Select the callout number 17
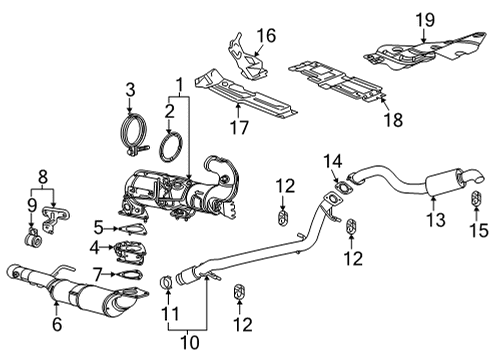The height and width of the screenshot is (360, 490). pos(238,127)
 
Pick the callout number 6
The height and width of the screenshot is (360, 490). pos(57,323)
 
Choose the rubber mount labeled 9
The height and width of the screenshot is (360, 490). pos(32,242)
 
